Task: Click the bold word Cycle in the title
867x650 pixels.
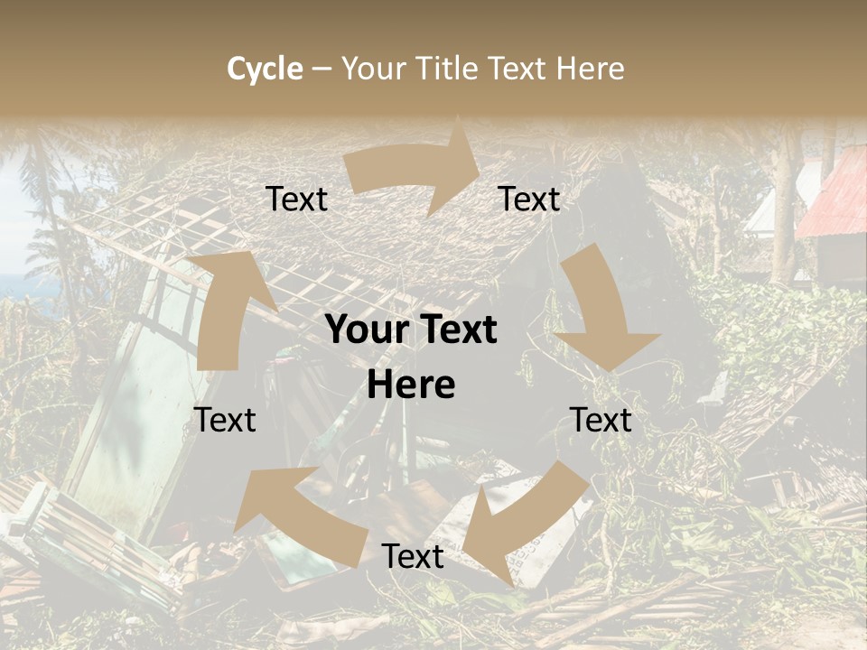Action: [265, 69]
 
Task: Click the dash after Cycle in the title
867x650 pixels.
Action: [322, 69]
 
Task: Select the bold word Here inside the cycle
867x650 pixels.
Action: [411, 385]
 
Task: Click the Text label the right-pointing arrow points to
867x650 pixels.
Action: [529, 199]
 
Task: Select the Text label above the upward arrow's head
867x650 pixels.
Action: [296, 199]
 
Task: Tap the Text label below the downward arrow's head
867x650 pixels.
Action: [601, 420]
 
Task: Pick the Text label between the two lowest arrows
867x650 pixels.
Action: [412, 556]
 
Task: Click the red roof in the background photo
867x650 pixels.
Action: [835, 199]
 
